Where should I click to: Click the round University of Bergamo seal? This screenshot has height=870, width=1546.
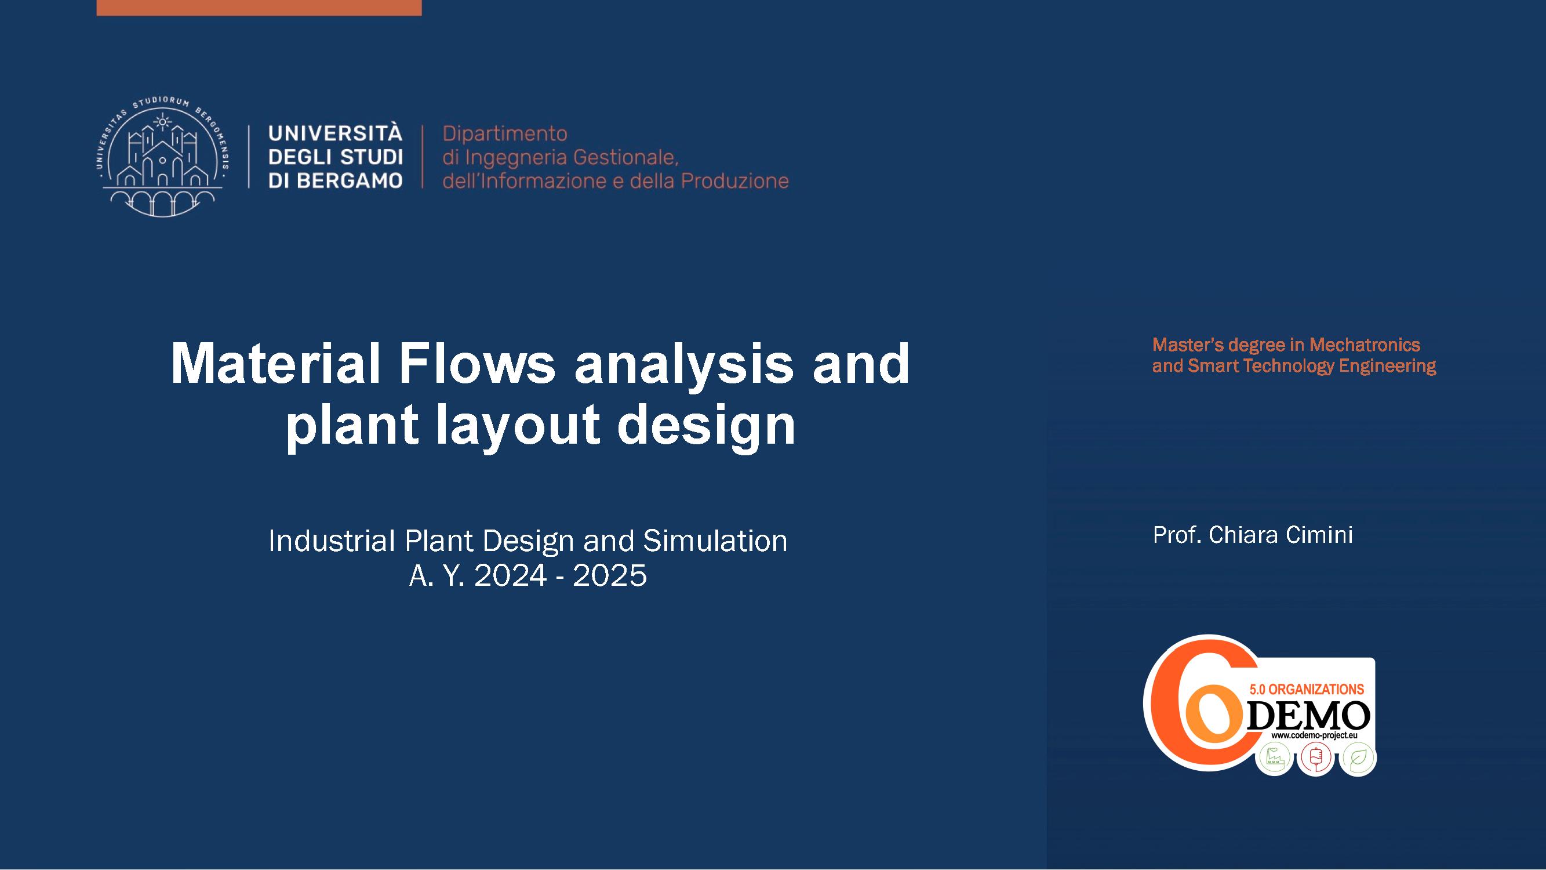(x=163, y=156)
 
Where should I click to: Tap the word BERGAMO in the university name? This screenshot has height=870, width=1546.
(x=350, y=181)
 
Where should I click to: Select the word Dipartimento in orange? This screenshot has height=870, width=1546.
(x=505, y=133)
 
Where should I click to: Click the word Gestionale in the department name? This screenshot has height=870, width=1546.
(x=626, y=157)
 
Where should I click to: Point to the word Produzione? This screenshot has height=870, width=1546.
(x=734, y=181)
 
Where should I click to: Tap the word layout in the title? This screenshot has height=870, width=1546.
(x=517, y=426)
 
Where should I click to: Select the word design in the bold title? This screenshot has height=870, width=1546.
(x=707, y=426)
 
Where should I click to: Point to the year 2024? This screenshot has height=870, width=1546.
(x=510, y=576)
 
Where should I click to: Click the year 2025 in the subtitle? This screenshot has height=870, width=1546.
(x=610, y=576)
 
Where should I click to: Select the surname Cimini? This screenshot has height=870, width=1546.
(x=1319, y=535)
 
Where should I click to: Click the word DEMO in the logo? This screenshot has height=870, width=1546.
(x=1308, y=716)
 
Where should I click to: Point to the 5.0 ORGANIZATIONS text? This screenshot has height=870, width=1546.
(x=1307, y=689)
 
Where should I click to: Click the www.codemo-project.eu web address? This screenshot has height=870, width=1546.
(x=1314, y=735)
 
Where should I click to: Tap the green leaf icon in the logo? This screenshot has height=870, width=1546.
(x=1358, y=759)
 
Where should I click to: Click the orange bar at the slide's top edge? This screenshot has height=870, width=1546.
(x=259, y=8)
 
